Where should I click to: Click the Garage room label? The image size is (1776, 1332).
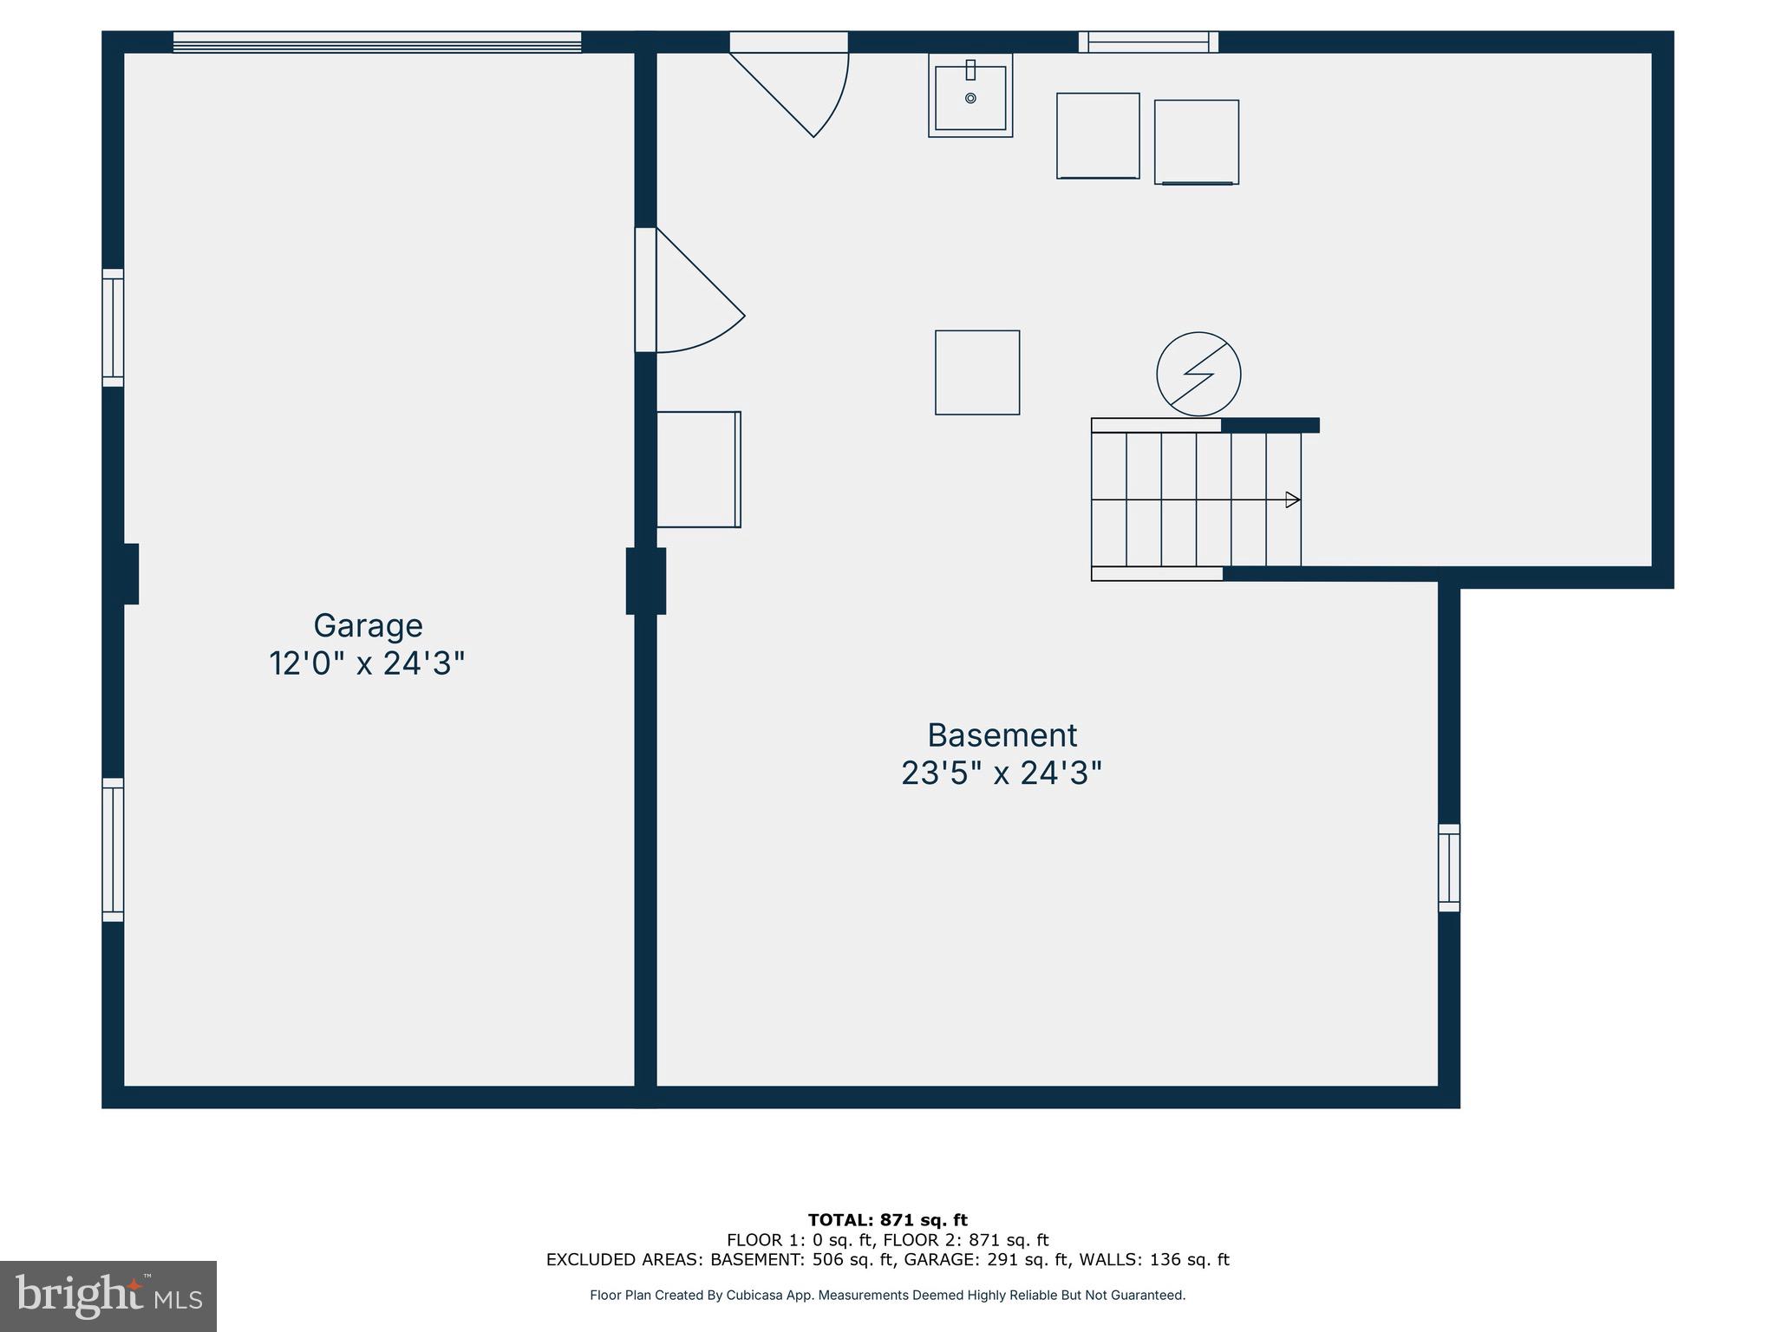[368, 625]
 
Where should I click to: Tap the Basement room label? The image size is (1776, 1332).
[1002, 735]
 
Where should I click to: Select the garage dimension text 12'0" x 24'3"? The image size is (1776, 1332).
[367, 664]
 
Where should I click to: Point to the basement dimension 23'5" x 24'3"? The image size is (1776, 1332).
[1002, 773]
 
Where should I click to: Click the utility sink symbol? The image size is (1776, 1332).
[970, 95]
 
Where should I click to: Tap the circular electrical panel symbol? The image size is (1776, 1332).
[1198, 374]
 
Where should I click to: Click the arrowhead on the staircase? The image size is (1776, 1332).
[1292, 499]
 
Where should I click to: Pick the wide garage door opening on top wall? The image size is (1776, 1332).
[377, 42]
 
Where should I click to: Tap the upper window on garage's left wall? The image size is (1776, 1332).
[113, 328]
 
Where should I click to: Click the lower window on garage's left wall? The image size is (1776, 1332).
[113, 850]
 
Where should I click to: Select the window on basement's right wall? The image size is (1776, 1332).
[1449, 868]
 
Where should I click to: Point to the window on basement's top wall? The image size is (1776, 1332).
[1148, 42]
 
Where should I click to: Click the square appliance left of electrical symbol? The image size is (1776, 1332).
[977, 373]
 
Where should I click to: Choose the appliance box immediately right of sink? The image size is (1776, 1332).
[1098, 136]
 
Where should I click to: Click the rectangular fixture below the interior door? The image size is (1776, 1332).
[698, 469]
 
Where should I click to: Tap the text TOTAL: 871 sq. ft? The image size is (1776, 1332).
[887, 1220]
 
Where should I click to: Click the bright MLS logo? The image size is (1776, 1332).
[108, 1296]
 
